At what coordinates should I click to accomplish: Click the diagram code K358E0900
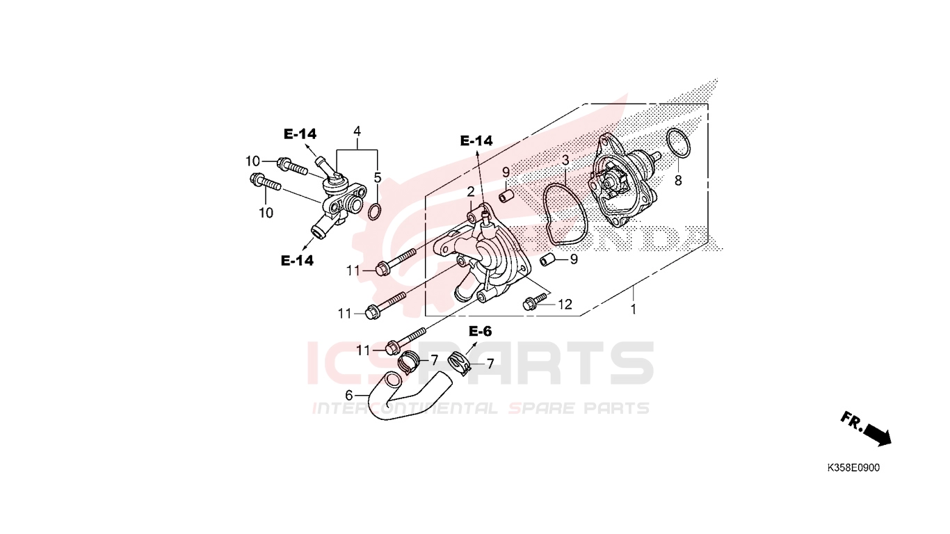853,468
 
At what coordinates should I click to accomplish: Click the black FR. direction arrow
877,435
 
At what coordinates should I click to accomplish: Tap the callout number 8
678,181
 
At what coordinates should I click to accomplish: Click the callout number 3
565,161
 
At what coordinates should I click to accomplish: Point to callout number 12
565,304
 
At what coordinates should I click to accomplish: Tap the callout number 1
633,309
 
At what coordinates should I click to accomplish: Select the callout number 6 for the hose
349,396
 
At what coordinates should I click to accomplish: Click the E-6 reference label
480,331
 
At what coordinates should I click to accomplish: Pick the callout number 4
357,131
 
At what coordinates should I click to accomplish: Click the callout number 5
378,178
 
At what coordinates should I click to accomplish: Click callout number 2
471,192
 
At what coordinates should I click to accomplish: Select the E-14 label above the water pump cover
476,141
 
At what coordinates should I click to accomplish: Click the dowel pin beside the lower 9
547,259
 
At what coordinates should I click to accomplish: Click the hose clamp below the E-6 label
460,363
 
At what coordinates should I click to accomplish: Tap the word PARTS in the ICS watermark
535,363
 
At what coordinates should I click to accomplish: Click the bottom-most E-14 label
297,261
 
